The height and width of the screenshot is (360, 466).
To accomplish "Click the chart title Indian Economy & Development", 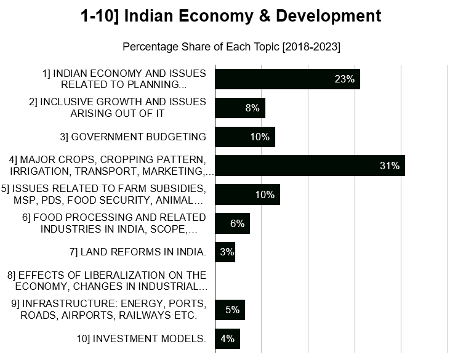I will pos(231,16).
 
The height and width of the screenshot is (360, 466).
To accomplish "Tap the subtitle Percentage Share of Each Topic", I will pos(231,47).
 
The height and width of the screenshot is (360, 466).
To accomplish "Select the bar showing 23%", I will pos(287,79).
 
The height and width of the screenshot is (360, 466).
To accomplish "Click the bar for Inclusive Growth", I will pos(239,108).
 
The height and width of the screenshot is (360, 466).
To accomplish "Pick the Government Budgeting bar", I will pos(244,137).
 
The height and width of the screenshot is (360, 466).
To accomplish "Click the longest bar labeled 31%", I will pos(310,166).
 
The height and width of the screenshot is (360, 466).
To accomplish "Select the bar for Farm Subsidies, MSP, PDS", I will pos(247,194).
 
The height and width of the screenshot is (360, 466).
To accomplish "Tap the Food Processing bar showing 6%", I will pos(232,223).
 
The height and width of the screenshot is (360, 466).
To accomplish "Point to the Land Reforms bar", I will pos(225,252).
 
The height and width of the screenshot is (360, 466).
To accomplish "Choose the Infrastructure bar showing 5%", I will pos(230,310).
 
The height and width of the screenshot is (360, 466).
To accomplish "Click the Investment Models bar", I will pos(227,338).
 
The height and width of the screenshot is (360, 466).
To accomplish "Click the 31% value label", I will pos(390,166).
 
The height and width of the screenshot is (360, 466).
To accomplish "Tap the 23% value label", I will pos(345,79).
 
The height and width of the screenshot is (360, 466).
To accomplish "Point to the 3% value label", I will pos(227,252).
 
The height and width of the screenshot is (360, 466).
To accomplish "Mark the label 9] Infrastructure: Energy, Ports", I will pos(109,310).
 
